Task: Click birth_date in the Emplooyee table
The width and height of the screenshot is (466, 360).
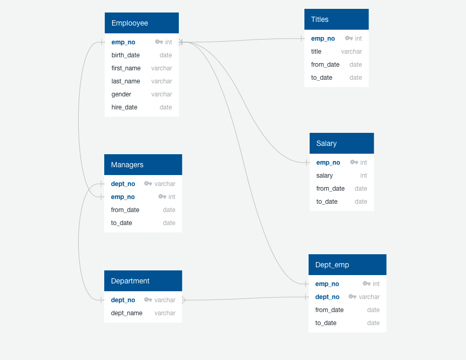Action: click(x=126, y=55)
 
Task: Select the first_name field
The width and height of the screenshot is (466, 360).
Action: click(x=126, y=68)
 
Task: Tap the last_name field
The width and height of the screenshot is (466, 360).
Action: click(x=126, y=81)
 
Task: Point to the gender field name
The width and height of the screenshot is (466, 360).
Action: click(x=121, y=94)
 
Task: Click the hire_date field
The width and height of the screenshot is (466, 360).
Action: click(x=125, y=107)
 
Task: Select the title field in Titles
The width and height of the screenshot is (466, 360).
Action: click(x=316, y=52)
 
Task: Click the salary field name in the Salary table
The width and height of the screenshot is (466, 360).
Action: click(x=325, y=176)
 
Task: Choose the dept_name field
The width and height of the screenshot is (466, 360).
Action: click(x=127, y=313)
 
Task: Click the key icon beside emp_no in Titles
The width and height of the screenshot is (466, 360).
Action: click(x=349, y=39)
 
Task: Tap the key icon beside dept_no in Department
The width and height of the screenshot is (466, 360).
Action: click(x=148, y=300)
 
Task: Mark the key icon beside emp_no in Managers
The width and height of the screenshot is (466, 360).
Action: click(x=162, y=197)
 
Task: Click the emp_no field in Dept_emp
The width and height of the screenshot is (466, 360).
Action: click(x=327, y=284)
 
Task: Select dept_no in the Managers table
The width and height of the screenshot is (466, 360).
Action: click(x=123, y=184)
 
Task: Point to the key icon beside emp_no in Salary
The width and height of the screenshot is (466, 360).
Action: click(x=354, y=163)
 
